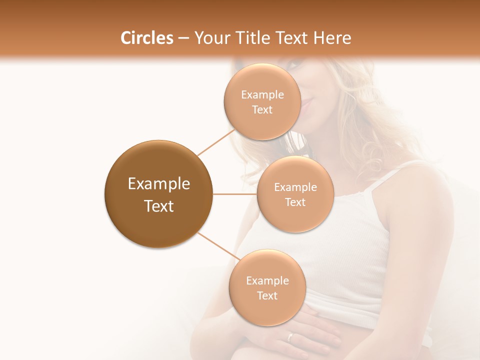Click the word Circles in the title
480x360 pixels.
(146, 38)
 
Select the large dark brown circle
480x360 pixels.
(158, 194)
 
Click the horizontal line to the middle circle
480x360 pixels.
(235, 194)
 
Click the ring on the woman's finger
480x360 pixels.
(290, 336)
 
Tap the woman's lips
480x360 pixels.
(306, 105)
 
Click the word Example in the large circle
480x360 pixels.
(158, 184)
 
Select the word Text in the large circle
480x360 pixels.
(158, 206)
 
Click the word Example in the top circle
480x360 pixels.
(262, 95)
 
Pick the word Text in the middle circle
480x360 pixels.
(295, 202)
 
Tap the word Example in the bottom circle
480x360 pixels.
(267, 280)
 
